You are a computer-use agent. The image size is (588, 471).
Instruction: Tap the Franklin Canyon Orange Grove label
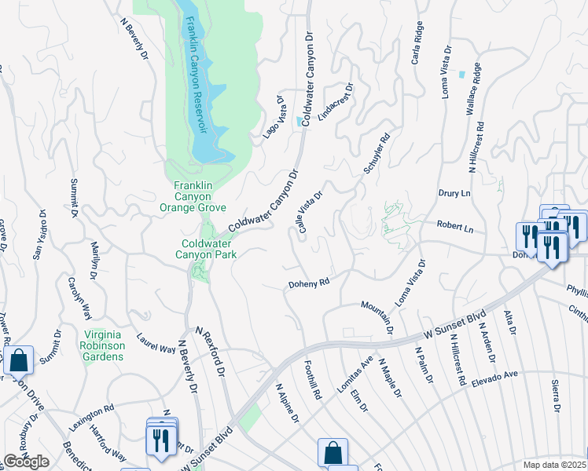pos(193,196)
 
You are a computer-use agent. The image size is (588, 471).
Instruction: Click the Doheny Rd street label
pos(307,283)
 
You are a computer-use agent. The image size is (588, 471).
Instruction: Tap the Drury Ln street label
pos(454,193)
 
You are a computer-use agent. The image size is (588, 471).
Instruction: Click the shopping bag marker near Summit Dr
pos(18,361)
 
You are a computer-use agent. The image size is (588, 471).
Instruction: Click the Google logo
pos(27,462)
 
